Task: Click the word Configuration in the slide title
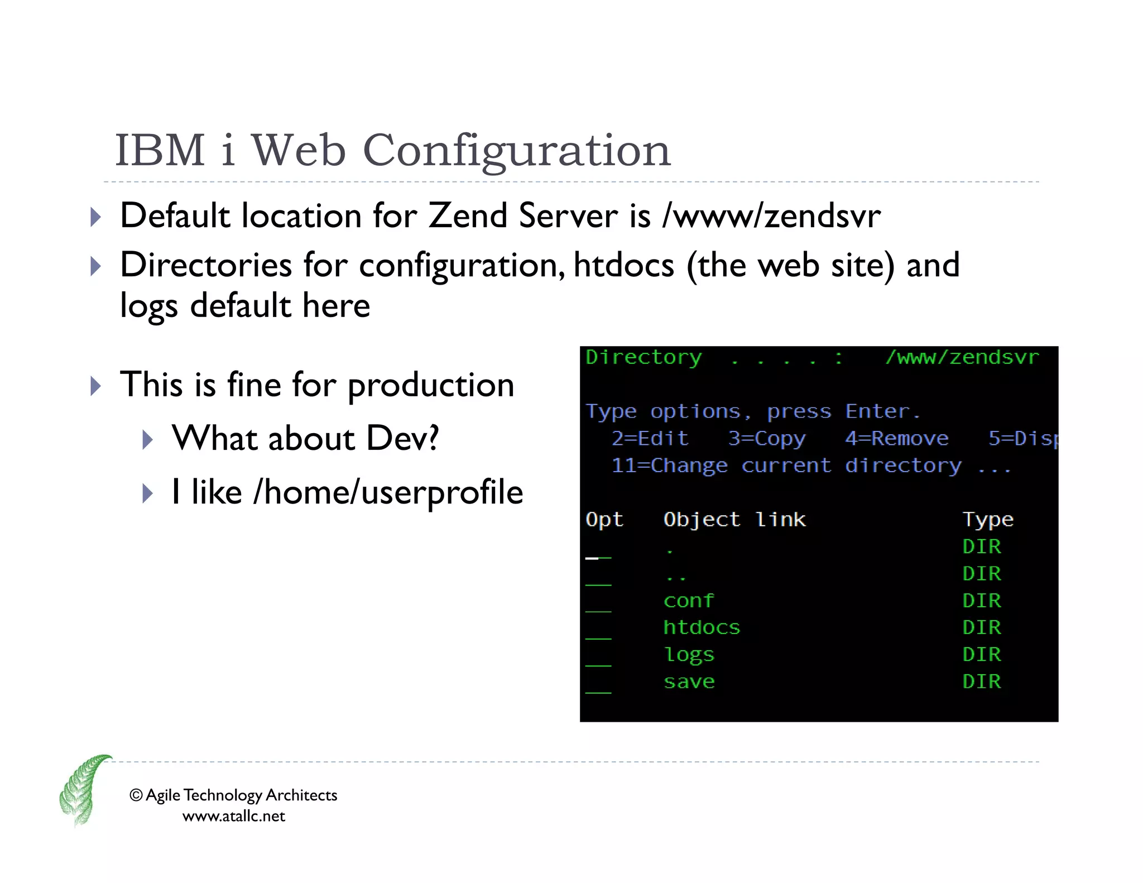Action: click(x=516, y=151)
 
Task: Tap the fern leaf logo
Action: click(x=84, y=790)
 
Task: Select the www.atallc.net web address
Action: click(x=234, y=816)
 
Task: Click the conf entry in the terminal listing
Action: click(x=688, y=601)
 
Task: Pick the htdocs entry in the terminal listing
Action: click(x=702, y=627)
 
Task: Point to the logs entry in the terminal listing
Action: click(x=689, y=655)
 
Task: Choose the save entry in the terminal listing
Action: click(x=689, y=682)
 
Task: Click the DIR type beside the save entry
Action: click(x=981, y=682)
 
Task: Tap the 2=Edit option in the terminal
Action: click(x=650, y=438)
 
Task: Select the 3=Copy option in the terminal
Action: click(x=767, y=438)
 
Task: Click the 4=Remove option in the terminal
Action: click(x=896, y=438)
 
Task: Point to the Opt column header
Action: click(x=604, y=520)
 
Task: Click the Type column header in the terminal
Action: click(x=988, y=520)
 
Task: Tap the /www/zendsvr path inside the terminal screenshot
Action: click(x=962, y=357)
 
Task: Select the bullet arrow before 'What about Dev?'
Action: click(x=147, y=440)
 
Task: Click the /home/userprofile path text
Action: click(x=388, y=492)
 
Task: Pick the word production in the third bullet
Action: click(x=430, y=385)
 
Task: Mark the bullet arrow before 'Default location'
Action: click(x=96, y=217)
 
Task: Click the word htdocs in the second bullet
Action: click(x=623, y=265)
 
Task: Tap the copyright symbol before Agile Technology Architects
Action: click(x=136, y=795)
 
